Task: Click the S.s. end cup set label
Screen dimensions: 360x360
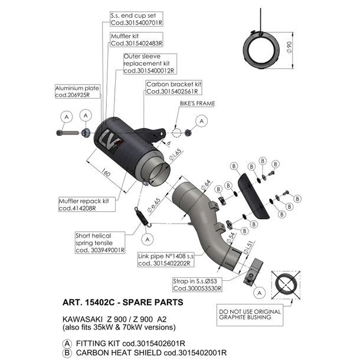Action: coord(136,19)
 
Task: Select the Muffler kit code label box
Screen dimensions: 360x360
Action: coord(136,40)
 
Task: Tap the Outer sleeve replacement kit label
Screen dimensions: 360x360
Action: coord(150,64)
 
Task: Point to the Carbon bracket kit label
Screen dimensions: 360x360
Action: coord(174,88)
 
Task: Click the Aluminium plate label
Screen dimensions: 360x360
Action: coord(77,91)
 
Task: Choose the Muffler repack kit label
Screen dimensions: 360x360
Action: coord(87,204)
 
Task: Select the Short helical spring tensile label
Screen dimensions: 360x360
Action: coord(100,243)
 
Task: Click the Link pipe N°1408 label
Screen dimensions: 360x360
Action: coord(166,260)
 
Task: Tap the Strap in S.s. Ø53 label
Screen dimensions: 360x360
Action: coord(197,284)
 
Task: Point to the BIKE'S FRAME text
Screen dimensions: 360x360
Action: coord(197,103)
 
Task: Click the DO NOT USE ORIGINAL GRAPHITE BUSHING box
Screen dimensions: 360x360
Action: coord(250,315)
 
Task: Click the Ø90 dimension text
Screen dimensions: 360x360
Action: coord(289,47)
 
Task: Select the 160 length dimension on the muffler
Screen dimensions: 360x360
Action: coord(106,172)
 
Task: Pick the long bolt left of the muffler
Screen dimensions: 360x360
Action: coord(67,133)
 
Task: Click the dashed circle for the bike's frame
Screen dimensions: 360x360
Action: coord(177,133)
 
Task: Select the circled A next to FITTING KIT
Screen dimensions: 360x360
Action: coord(67,343)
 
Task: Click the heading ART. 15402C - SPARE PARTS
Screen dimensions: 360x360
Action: coord(123,302)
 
